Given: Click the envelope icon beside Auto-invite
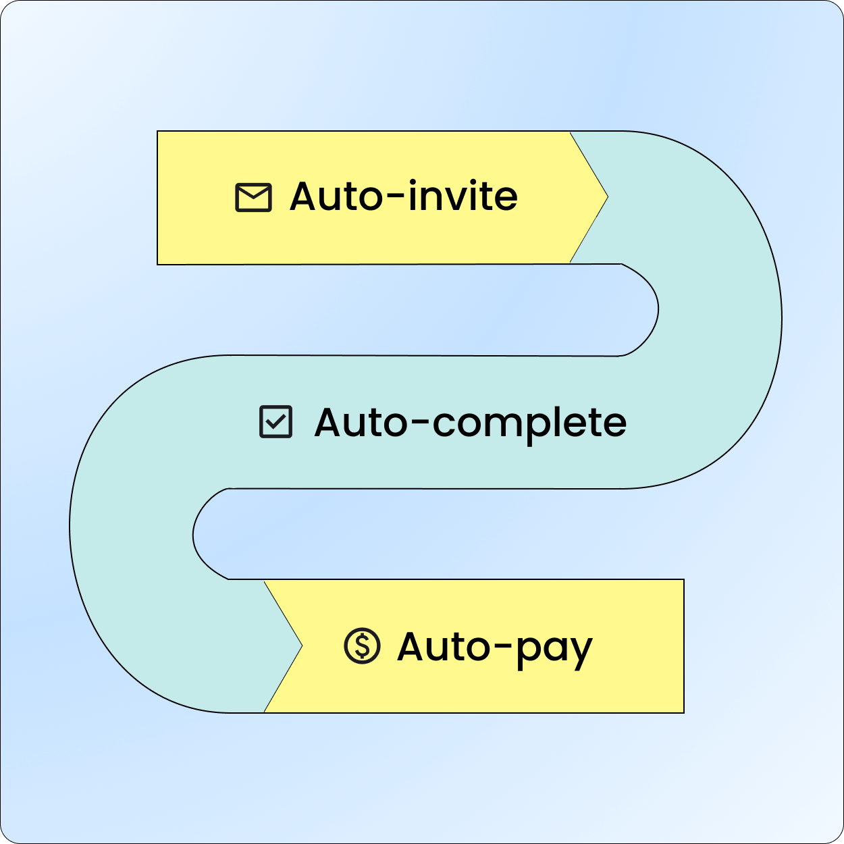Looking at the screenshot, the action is (253, 198).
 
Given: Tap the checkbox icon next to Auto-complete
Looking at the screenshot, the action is (276, 422).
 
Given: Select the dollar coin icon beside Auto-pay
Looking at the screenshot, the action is (362, 645).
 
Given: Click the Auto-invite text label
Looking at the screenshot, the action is (403, 196).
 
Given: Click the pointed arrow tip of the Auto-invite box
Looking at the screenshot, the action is (608, 197).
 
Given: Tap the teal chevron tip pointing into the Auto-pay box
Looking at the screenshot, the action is (302, 645).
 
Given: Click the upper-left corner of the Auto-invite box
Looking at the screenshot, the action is (157, 131).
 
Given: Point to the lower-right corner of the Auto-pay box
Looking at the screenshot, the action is (684, 713).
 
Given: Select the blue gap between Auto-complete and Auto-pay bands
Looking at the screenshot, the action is (438, 533).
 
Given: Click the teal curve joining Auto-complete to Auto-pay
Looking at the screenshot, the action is (132, 533).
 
